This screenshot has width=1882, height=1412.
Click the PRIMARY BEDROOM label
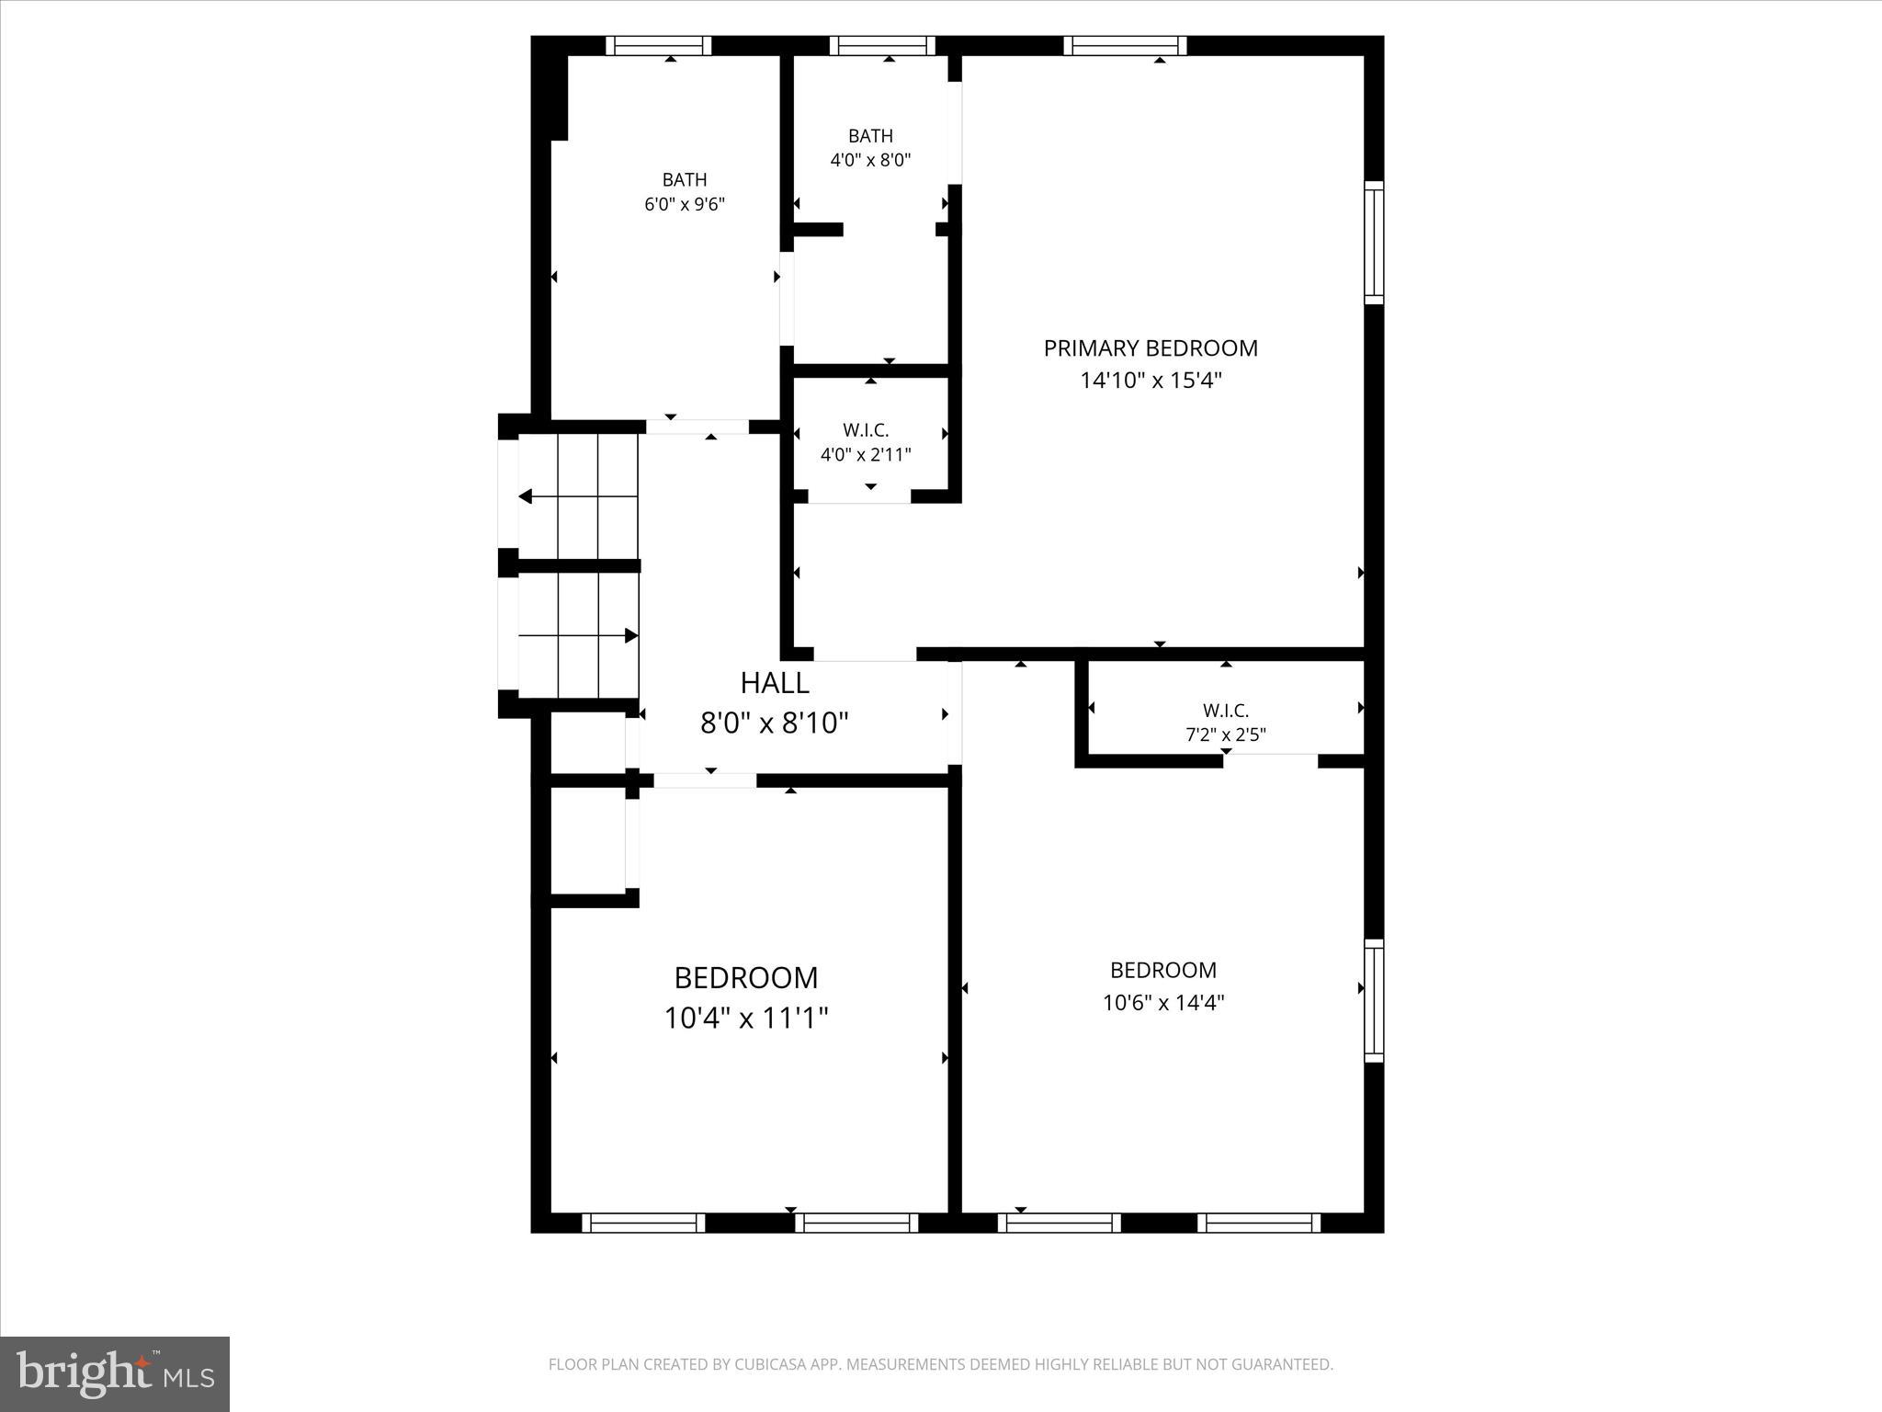point(1151,348)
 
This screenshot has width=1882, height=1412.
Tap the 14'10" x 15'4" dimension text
point(1151,381)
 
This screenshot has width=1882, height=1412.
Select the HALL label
point(775,683)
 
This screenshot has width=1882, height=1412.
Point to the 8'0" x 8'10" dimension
point(775,723)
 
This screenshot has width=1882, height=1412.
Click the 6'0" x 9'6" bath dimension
point(685,204)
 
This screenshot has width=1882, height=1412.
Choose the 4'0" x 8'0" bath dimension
point(870,160)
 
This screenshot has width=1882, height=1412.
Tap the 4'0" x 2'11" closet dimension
point(866,454)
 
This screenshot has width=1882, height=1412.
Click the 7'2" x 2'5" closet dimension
point(1226,734)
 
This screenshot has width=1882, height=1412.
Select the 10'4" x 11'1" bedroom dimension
point(746,1019)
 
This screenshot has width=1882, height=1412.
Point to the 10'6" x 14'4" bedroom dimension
point(1163,1002)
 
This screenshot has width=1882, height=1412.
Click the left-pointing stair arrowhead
point(526,497)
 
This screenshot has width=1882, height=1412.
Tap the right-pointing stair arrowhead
point(631,635)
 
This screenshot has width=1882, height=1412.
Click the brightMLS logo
point(115,1373)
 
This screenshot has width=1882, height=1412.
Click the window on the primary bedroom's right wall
point(1374,242)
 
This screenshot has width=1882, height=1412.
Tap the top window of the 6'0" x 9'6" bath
point(658,46)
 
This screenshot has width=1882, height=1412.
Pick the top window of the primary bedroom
point(1125,46)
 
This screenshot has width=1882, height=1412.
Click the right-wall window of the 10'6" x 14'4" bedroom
point(1374,1000)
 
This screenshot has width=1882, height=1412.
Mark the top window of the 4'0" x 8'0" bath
point(882,46)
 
